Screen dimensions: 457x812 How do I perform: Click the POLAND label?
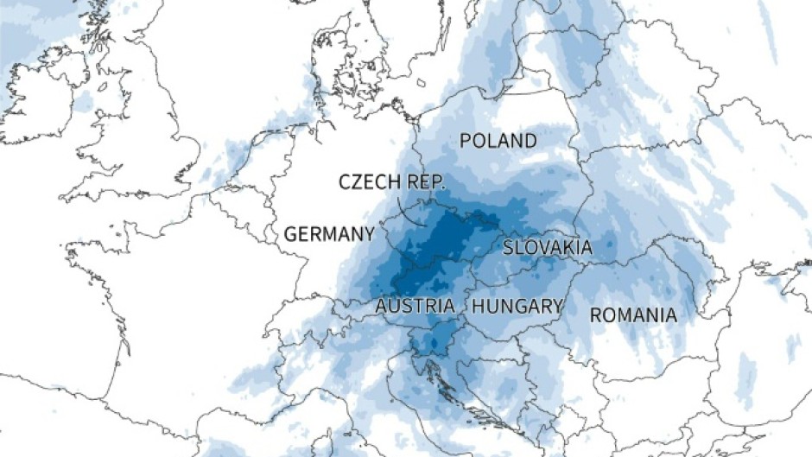(x=498, y=141)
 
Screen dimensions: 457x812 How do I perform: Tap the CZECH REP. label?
(x=391, y=181)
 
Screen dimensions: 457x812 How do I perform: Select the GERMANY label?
(x=329, y=234)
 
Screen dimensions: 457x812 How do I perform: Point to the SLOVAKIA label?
(x=548, y=248)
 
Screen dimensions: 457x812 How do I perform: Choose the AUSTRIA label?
(x=415, y=306)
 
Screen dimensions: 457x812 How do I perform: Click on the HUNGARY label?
(x=517, y=306)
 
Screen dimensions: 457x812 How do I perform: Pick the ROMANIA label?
(x=633, y=315)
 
